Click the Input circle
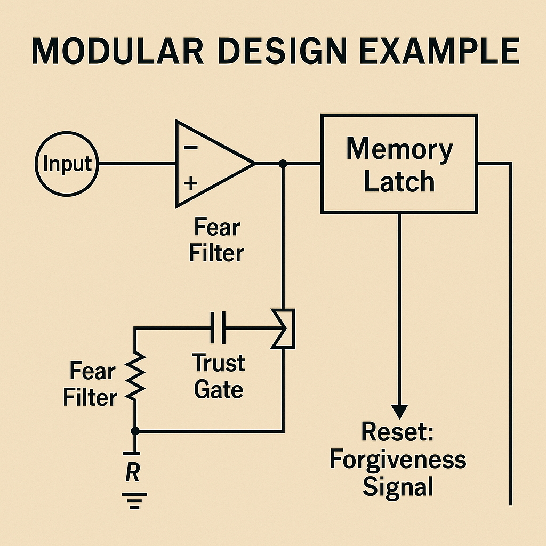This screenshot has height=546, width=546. coord(67,164)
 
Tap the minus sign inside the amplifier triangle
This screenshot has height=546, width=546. coord(191,148)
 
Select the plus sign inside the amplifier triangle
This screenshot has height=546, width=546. coord(191,184)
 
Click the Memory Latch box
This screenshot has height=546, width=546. coord(399,164)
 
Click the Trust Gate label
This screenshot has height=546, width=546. coord(219,376)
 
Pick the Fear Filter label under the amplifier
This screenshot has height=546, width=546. coord(216,240)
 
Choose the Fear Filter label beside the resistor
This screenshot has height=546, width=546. coord(90,384)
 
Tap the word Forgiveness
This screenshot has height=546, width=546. coord(398,460)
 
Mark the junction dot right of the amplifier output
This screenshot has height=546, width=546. coord(283,164)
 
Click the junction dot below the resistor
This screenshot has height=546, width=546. coord(135,430)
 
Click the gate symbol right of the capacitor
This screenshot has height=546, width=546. coord(284,328)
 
